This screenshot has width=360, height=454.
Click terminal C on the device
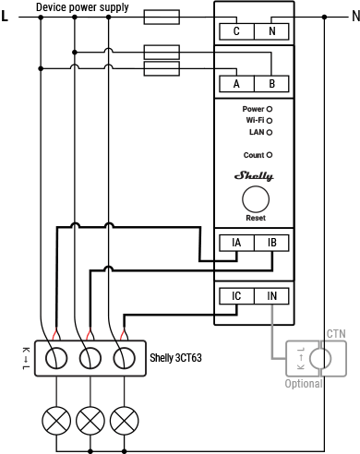236,30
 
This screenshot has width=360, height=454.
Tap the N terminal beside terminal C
270,30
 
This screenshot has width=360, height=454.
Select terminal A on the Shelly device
236,84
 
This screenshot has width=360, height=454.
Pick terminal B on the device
270,84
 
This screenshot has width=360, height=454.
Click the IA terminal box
236,244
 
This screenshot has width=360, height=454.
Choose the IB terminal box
270,244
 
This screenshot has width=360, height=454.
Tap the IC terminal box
236,296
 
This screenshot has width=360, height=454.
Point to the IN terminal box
270,296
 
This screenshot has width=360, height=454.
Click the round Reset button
256,199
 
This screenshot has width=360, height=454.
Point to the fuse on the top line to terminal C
163,17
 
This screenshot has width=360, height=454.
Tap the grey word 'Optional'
304,383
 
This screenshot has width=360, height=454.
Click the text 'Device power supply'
82,7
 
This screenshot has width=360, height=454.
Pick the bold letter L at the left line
7,17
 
